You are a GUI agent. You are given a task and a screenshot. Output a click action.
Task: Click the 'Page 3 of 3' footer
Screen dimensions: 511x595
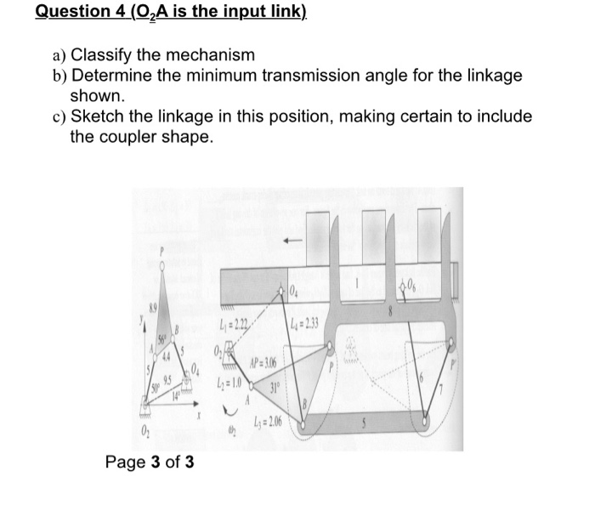[150, 463]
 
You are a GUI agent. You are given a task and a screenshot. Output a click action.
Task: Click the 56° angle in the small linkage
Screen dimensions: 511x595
[157, 339]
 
